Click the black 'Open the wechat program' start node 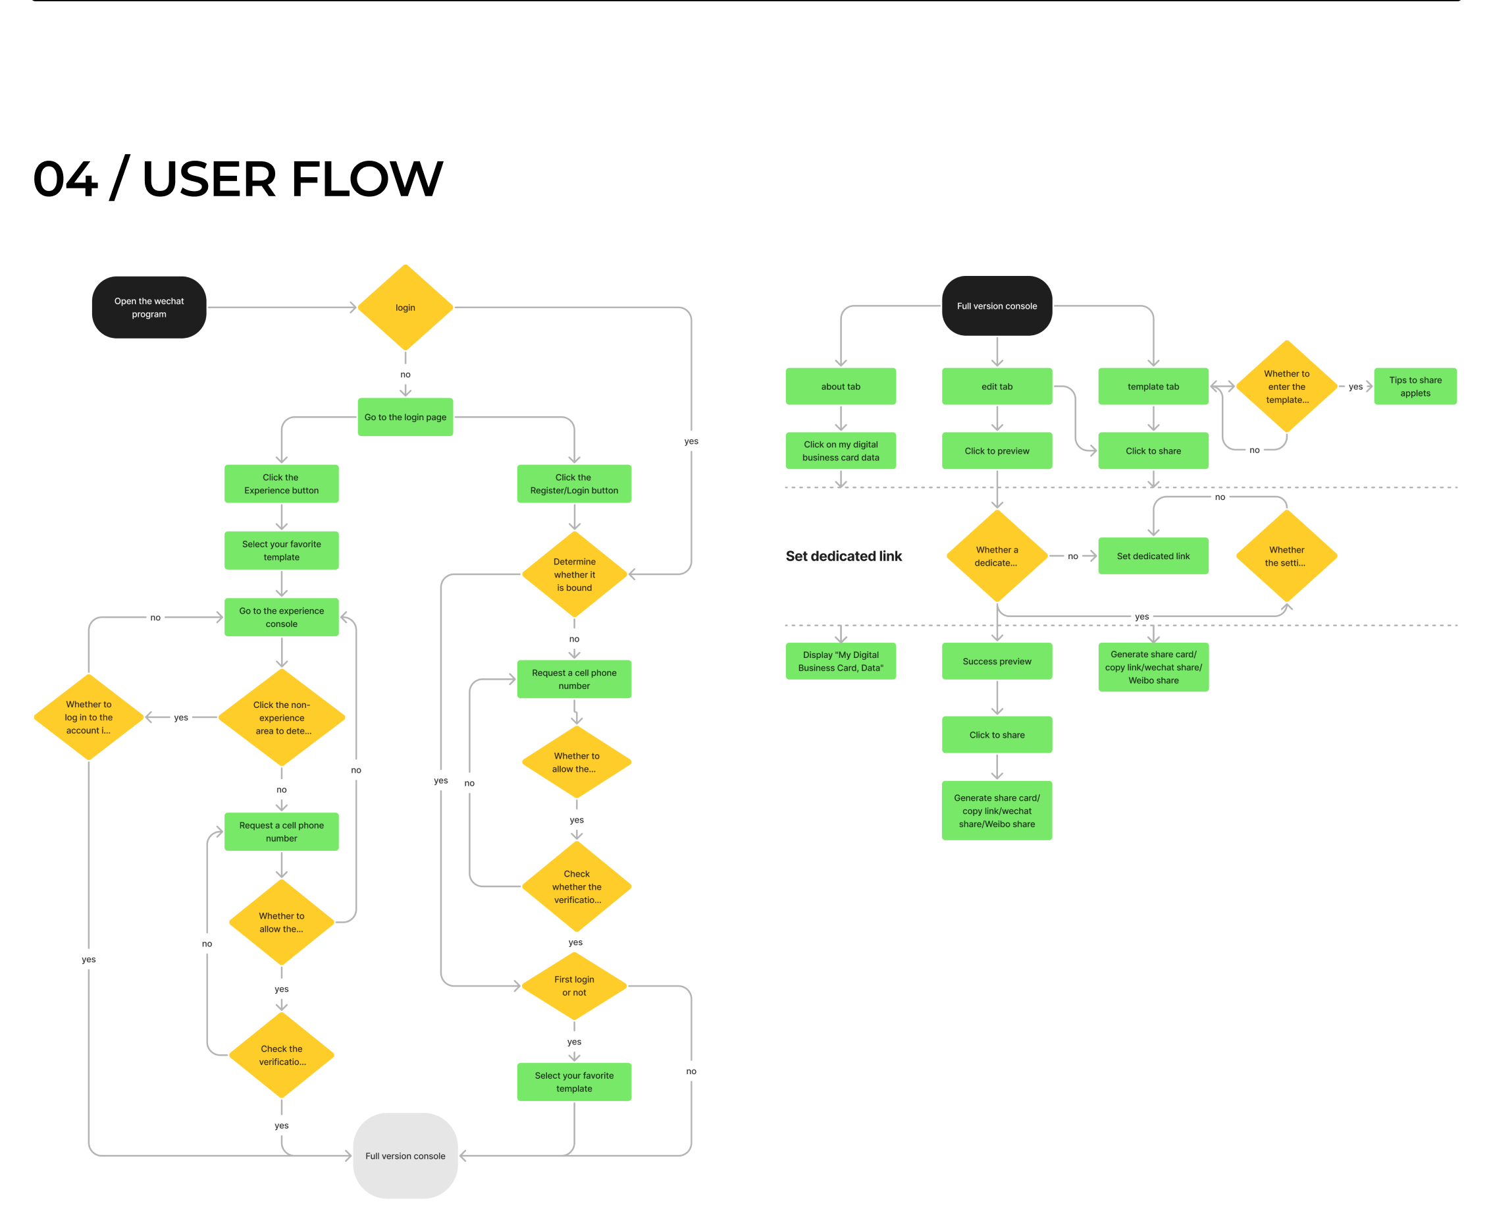pos(149,308)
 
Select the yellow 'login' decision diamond pos(405,308)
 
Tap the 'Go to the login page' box pos(405,417)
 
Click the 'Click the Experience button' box pos(282,484)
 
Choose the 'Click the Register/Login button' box pos(574,484)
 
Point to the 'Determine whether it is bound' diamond pos(574,574)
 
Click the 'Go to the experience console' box pos(282,617)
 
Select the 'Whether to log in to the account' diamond pos(88,717)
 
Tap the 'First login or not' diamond pos(574,986)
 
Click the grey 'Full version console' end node pos(405,1156)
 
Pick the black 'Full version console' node pos(997,306)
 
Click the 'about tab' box pos(841,386)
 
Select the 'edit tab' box pos(997,386)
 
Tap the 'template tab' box pos(1153,386)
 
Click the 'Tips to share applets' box pos(1415,386)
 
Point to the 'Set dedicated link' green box pos(1153,556)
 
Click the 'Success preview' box pos(997,661)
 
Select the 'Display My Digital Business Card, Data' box pos(841,661)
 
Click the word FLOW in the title pos(367,178)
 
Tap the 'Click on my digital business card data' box pos(841,451)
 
